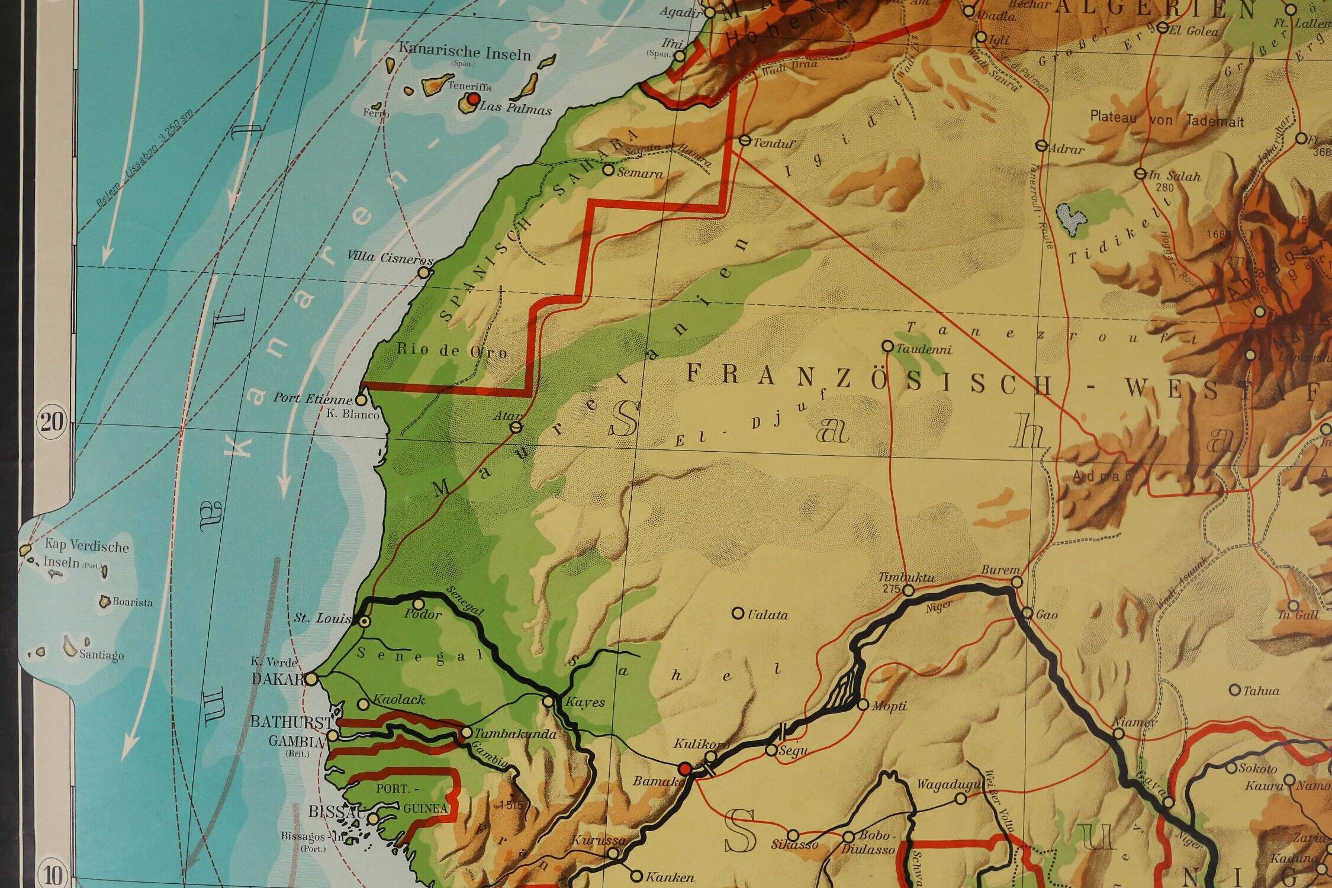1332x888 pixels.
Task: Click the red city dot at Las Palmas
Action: [x=473, y=99]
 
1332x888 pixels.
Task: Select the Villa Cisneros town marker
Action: [x=424, y=272]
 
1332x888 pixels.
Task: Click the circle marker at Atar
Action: [x=516, y=426]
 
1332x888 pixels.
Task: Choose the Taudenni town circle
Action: [x=887, y=346]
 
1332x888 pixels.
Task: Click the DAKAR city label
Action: [x=277, y=679]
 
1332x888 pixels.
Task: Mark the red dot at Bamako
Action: [x=686, y=769]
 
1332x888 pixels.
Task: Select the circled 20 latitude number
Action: [x=52, y=423]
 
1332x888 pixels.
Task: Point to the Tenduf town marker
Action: [x=745, y=141]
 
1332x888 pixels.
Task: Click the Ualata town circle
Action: [x=738, y=613]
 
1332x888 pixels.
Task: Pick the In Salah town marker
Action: [x=1140, y=173]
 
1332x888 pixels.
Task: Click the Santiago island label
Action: [x=101, y=655]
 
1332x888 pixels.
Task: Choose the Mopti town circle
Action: [x=863, y=704]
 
